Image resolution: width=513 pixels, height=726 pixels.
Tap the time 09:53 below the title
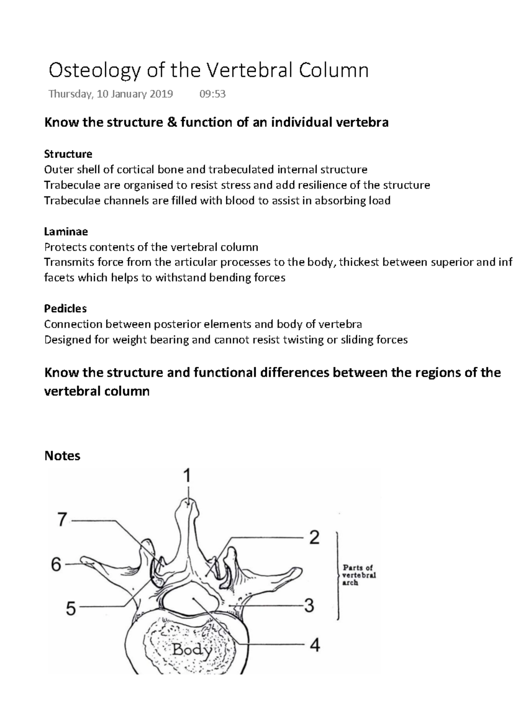[212, 94]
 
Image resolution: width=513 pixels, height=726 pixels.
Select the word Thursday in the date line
[70, 94]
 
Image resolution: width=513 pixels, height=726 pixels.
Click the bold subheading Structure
[68, 153]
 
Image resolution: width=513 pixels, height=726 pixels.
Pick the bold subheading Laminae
[66, 231]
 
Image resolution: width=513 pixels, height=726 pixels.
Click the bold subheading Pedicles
[65, 308]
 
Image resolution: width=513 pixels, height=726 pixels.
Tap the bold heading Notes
[62, 456]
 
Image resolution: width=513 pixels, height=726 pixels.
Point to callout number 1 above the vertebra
[187, 476]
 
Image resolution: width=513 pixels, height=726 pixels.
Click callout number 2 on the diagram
[314, 537]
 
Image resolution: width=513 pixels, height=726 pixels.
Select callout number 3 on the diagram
[309, 606]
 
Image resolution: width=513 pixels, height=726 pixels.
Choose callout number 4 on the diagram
[314, 645]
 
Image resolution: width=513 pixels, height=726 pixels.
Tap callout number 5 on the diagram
[71, 608]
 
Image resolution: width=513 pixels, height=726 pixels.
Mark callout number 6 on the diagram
[56, 565]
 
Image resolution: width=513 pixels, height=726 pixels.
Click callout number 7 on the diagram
[62, 520]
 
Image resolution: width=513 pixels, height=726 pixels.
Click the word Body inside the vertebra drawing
[192, 651]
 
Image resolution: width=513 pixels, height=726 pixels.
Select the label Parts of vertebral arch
[359, 575]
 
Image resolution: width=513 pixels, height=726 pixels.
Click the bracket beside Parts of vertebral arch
[339, 575]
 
